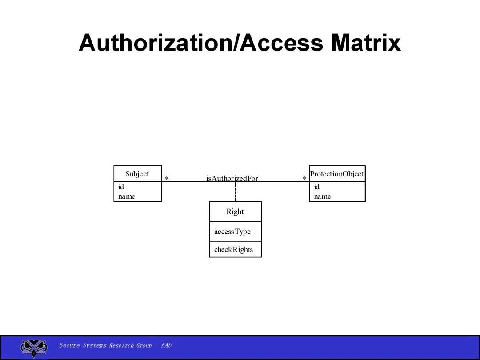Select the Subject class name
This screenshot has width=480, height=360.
pyautogui.click(x=137, y=174)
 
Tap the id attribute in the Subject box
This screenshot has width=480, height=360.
pyautogui.click(x=121, y=187)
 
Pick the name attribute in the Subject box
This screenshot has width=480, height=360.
pyautogui.click(x=127, y=196)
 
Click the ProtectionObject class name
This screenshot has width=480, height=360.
pyautogui.click(x=337, y=174)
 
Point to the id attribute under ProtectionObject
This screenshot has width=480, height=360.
pyautogui.click(x=316, y=187)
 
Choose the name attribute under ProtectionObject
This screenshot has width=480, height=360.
pyautogui.click(x=322, y=196)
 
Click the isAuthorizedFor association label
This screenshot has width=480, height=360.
pyautogui.click(x=232, y=178)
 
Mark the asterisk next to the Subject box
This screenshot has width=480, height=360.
pyautogui.click(x=167, y=178)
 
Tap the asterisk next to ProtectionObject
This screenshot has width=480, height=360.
pyautogui.click(x=304, y=178)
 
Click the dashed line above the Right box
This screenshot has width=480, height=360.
pyautogui.click(x=235, y=192)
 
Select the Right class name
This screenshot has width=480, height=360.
pyautogui.click(x=235, y=212)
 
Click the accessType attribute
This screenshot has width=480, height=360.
pyautogui.click(x=232, y=232)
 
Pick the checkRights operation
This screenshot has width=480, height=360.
pyautogui.click(x=233, y=249)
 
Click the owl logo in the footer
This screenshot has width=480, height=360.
pyautogui.click(x=34, y=348)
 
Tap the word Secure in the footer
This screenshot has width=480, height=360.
pyautogui.click(x=69, y=345)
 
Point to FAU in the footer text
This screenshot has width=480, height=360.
pyautogui.click(x=166, y=345)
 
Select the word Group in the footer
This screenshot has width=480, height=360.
pyautogui.click(x=144, y=345)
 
